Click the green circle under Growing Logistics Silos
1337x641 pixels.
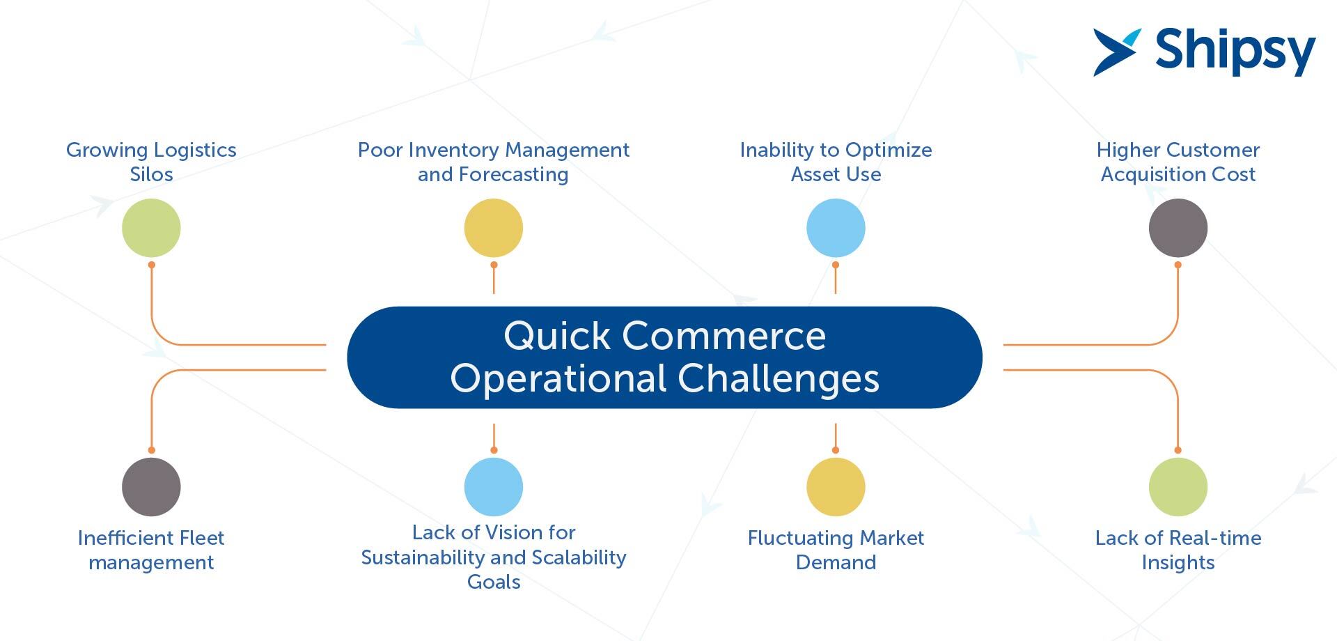point(151,228)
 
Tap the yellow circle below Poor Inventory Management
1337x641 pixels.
point(494,228)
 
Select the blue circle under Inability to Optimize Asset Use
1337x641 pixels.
point(836,228)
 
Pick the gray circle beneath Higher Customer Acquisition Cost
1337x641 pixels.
point(1178,228)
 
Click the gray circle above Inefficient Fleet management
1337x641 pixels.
point(151,487)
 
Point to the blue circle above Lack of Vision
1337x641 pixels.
point(494,487)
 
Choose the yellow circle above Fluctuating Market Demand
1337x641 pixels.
point(836,487)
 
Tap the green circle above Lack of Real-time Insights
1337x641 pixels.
point(1178,487)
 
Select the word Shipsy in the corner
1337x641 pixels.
point(1235,52)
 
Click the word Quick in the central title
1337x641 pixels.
point(557,336)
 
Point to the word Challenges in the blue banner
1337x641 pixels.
point(779,378)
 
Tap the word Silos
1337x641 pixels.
point(151,174)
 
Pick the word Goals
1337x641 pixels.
point(494,582)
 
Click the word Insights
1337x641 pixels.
point(1178,562)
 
